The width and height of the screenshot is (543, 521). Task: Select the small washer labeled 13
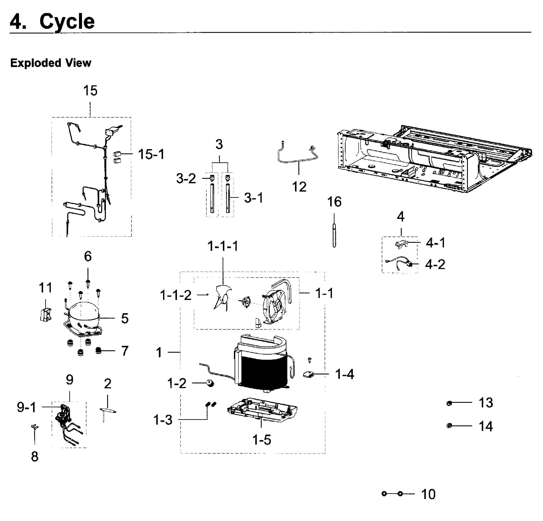click(449, 403)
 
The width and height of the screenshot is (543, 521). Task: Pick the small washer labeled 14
click(449, 425)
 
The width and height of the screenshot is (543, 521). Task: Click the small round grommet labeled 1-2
click(210, 383)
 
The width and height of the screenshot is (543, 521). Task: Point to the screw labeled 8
click(35, 428)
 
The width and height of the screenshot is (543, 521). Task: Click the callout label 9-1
click(27, 407)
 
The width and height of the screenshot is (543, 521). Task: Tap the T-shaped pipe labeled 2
click(107, 410)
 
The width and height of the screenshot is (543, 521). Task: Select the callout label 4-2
click(435, 265)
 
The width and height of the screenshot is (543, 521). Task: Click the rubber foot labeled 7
click(98, 351)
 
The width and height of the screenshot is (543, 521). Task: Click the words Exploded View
click(51, 63)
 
